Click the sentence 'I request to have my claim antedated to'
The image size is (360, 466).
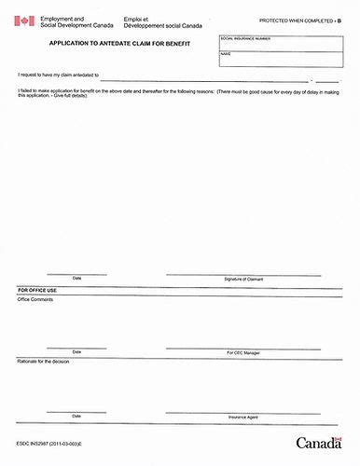[59, 75]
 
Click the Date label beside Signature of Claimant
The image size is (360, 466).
[76, 279]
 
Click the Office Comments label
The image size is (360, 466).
[37, 299]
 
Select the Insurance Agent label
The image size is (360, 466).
[244, 416]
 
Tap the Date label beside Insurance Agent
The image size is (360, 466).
[76, 416]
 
